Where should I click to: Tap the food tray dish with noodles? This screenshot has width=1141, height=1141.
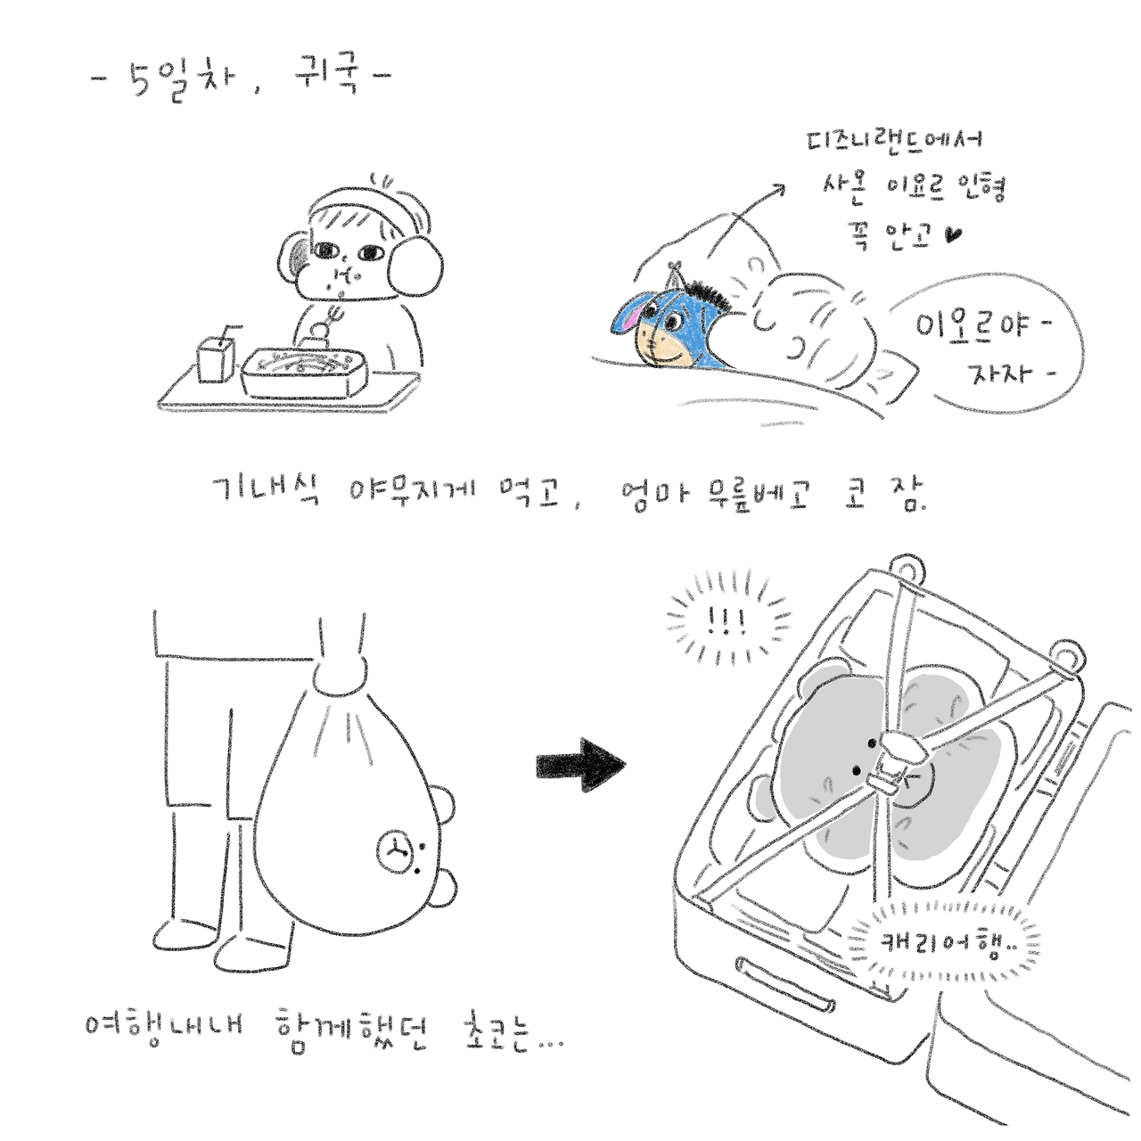[304, 372]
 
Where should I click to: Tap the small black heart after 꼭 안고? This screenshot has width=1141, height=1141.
[953, 235]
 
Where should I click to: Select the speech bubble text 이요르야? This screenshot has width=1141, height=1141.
[981, 325]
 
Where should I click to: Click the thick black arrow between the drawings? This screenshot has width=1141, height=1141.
[581, 765]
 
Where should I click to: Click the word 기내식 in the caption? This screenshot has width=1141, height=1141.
[267, 491]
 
